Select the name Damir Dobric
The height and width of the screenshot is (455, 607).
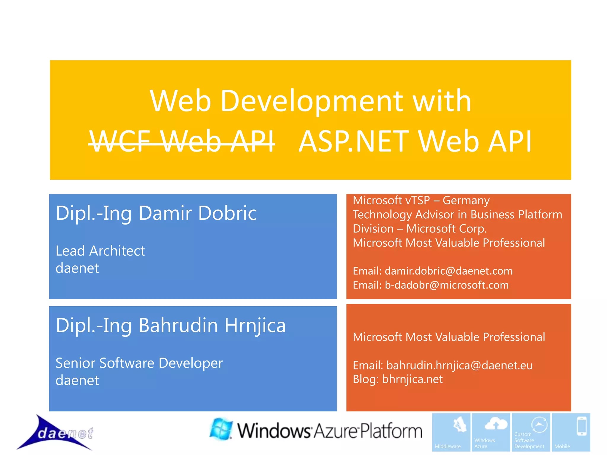coord(197,213)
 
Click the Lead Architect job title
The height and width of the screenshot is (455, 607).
coord(100,251)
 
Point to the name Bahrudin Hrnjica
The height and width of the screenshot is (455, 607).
coord(212,326)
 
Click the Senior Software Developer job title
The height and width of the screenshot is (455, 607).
coord(139,363)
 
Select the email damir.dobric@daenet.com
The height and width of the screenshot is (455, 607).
coord(448,271)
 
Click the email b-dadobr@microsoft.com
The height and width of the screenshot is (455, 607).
coord(447,285)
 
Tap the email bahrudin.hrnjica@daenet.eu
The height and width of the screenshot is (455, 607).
coord(459,366)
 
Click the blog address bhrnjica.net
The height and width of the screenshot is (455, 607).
coord(412,379)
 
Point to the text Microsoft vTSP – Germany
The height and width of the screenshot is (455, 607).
coord(421,201)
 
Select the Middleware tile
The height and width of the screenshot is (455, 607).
coord(451,432)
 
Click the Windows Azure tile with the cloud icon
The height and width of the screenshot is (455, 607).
coord(491,432)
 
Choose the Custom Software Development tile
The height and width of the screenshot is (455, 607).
coord(531,432)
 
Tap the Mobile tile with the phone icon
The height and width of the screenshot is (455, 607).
coord(571,432)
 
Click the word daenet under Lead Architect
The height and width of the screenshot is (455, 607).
coord(77,268)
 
